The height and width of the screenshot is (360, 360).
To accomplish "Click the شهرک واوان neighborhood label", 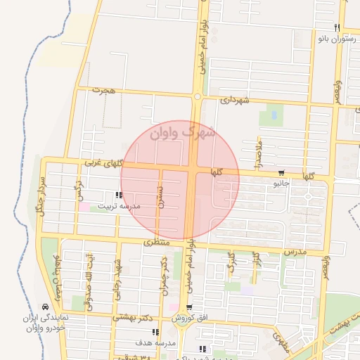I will [x=181, y=132].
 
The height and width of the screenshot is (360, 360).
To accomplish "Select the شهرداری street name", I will [x=235, y=100].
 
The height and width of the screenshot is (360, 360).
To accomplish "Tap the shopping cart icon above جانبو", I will [x=281, y=173].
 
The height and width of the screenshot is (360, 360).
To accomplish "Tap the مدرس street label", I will [x=296, y=251].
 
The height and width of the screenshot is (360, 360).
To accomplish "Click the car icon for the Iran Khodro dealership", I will [x=45, y=307].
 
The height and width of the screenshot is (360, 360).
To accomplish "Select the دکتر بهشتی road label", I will [x=131, y=317].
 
